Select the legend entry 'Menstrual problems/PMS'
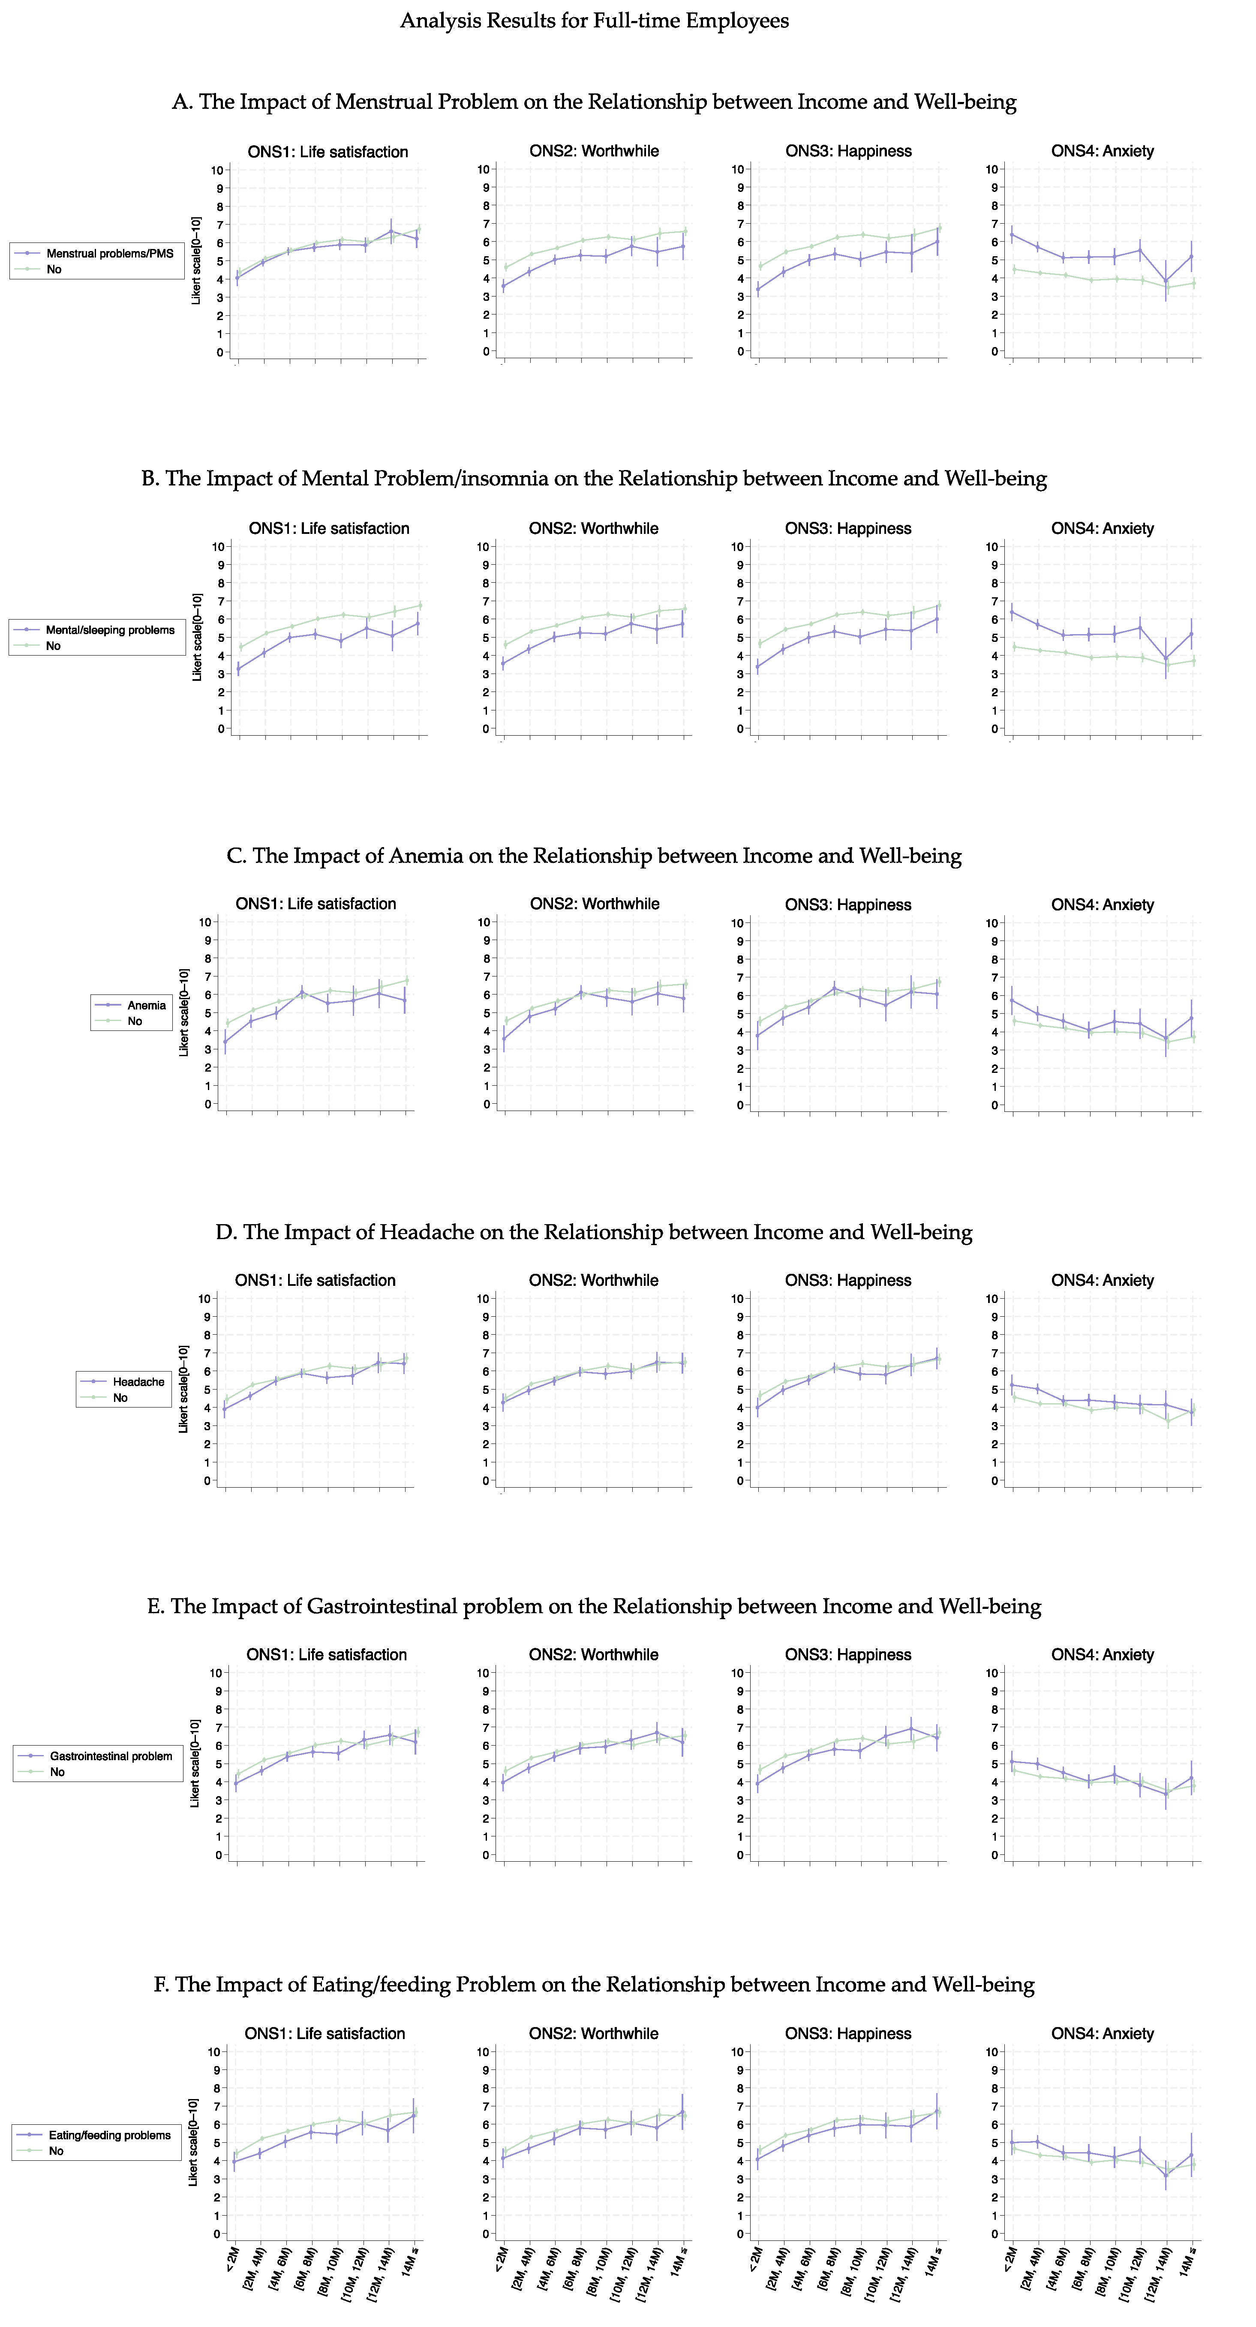(109, 254)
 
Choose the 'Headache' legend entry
(138, 1382)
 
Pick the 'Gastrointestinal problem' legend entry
(110, 1756)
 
